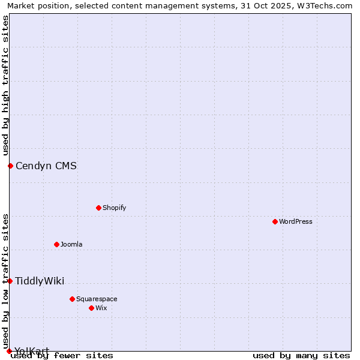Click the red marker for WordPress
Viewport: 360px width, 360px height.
[x=275, y=221]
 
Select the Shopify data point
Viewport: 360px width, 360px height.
[x=98, y=208]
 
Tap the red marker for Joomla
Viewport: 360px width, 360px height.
[x=57, y=244]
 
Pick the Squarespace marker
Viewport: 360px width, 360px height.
[x=72, y=299]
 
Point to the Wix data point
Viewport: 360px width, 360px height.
[x=91, y=308]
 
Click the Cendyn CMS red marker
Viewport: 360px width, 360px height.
[x=10, y=166]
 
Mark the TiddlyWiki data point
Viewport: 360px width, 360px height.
[x=10, y=281]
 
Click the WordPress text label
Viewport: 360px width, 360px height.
[x=296, y=221]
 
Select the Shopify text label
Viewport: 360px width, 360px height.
[x=114, y=208]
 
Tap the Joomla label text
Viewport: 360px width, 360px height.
[x=71, y=244]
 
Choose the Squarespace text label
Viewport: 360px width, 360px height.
[x=97, y=299]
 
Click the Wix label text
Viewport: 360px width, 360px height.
[x=101, y=308]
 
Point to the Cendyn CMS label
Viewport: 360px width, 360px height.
[x=46, y=166]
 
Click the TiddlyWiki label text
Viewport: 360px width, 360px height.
[x=40, y=281]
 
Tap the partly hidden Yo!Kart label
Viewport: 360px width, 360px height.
[x=32, y=350]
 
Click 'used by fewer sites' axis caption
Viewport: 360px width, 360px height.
[x=62, y=356]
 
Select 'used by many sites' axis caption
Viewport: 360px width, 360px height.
[x=301, y=356]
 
